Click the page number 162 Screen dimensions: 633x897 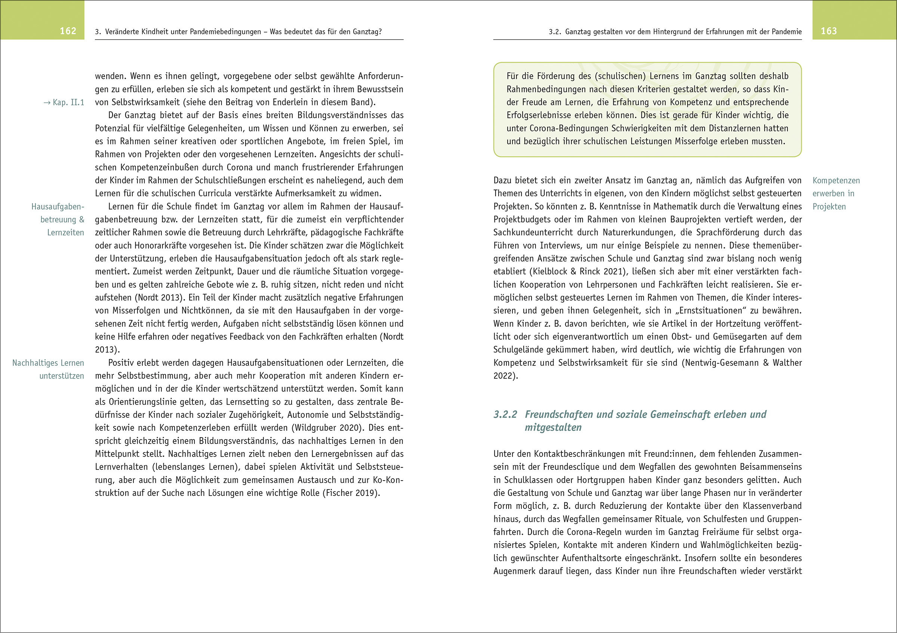tap(68, 31)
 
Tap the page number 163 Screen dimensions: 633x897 tap(829, 31)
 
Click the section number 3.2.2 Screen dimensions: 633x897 tap(505, 414)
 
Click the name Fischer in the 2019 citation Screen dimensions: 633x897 tap(336, 493)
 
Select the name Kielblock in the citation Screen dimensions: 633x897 tap(551, 271)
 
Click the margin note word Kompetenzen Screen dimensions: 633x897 tap(836, 180)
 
